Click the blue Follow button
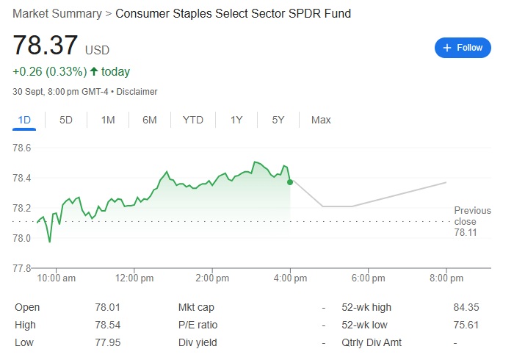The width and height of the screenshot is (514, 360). point(463,48)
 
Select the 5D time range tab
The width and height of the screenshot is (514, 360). point(66,120)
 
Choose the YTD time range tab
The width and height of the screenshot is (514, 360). point(193,120)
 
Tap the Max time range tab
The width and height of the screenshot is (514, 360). point(321,120)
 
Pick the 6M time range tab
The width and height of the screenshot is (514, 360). point(150,120)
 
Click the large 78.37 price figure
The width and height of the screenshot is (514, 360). point(46,46)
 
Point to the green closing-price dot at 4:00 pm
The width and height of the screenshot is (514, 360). point(290,181)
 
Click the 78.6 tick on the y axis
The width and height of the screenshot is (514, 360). point(23,148)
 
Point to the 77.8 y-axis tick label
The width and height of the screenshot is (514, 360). point(23,268)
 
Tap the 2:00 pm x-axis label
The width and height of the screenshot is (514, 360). point(214,278)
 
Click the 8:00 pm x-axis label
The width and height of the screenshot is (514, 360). point(446,278)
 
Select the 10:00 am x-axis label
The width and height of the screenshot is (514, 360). point(57,278)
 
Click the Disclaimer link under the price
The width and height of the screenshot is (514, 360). point(137,92)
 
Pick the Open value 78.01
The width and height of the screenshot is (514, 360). point(108,307)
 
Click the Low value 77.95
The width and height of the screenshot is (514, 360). point(108,342)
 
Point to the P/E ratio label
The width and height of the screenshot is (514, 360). point(198,325)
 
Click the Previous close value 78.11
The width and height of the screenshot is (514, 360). point(466,232)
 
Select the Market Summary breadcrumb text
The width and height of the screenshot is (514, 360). point(57,13)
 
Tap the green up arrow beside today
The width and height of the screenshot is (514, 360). point(93,72)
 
